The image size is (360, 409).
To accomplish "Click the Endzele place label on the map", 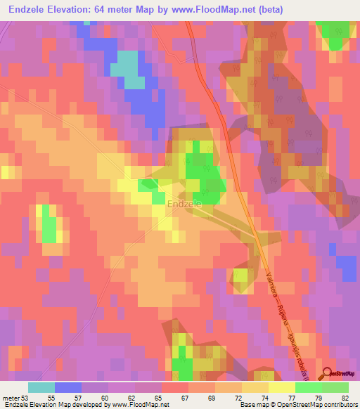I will tap(185, 204).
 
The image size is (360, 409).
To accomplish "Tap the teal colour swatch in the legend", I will tap(41, 387).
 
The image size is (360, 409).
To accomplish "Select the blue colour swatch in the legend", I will tap(68, 387).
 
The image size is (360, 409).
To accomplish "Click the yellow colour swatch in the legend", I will tap(282, 387).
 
